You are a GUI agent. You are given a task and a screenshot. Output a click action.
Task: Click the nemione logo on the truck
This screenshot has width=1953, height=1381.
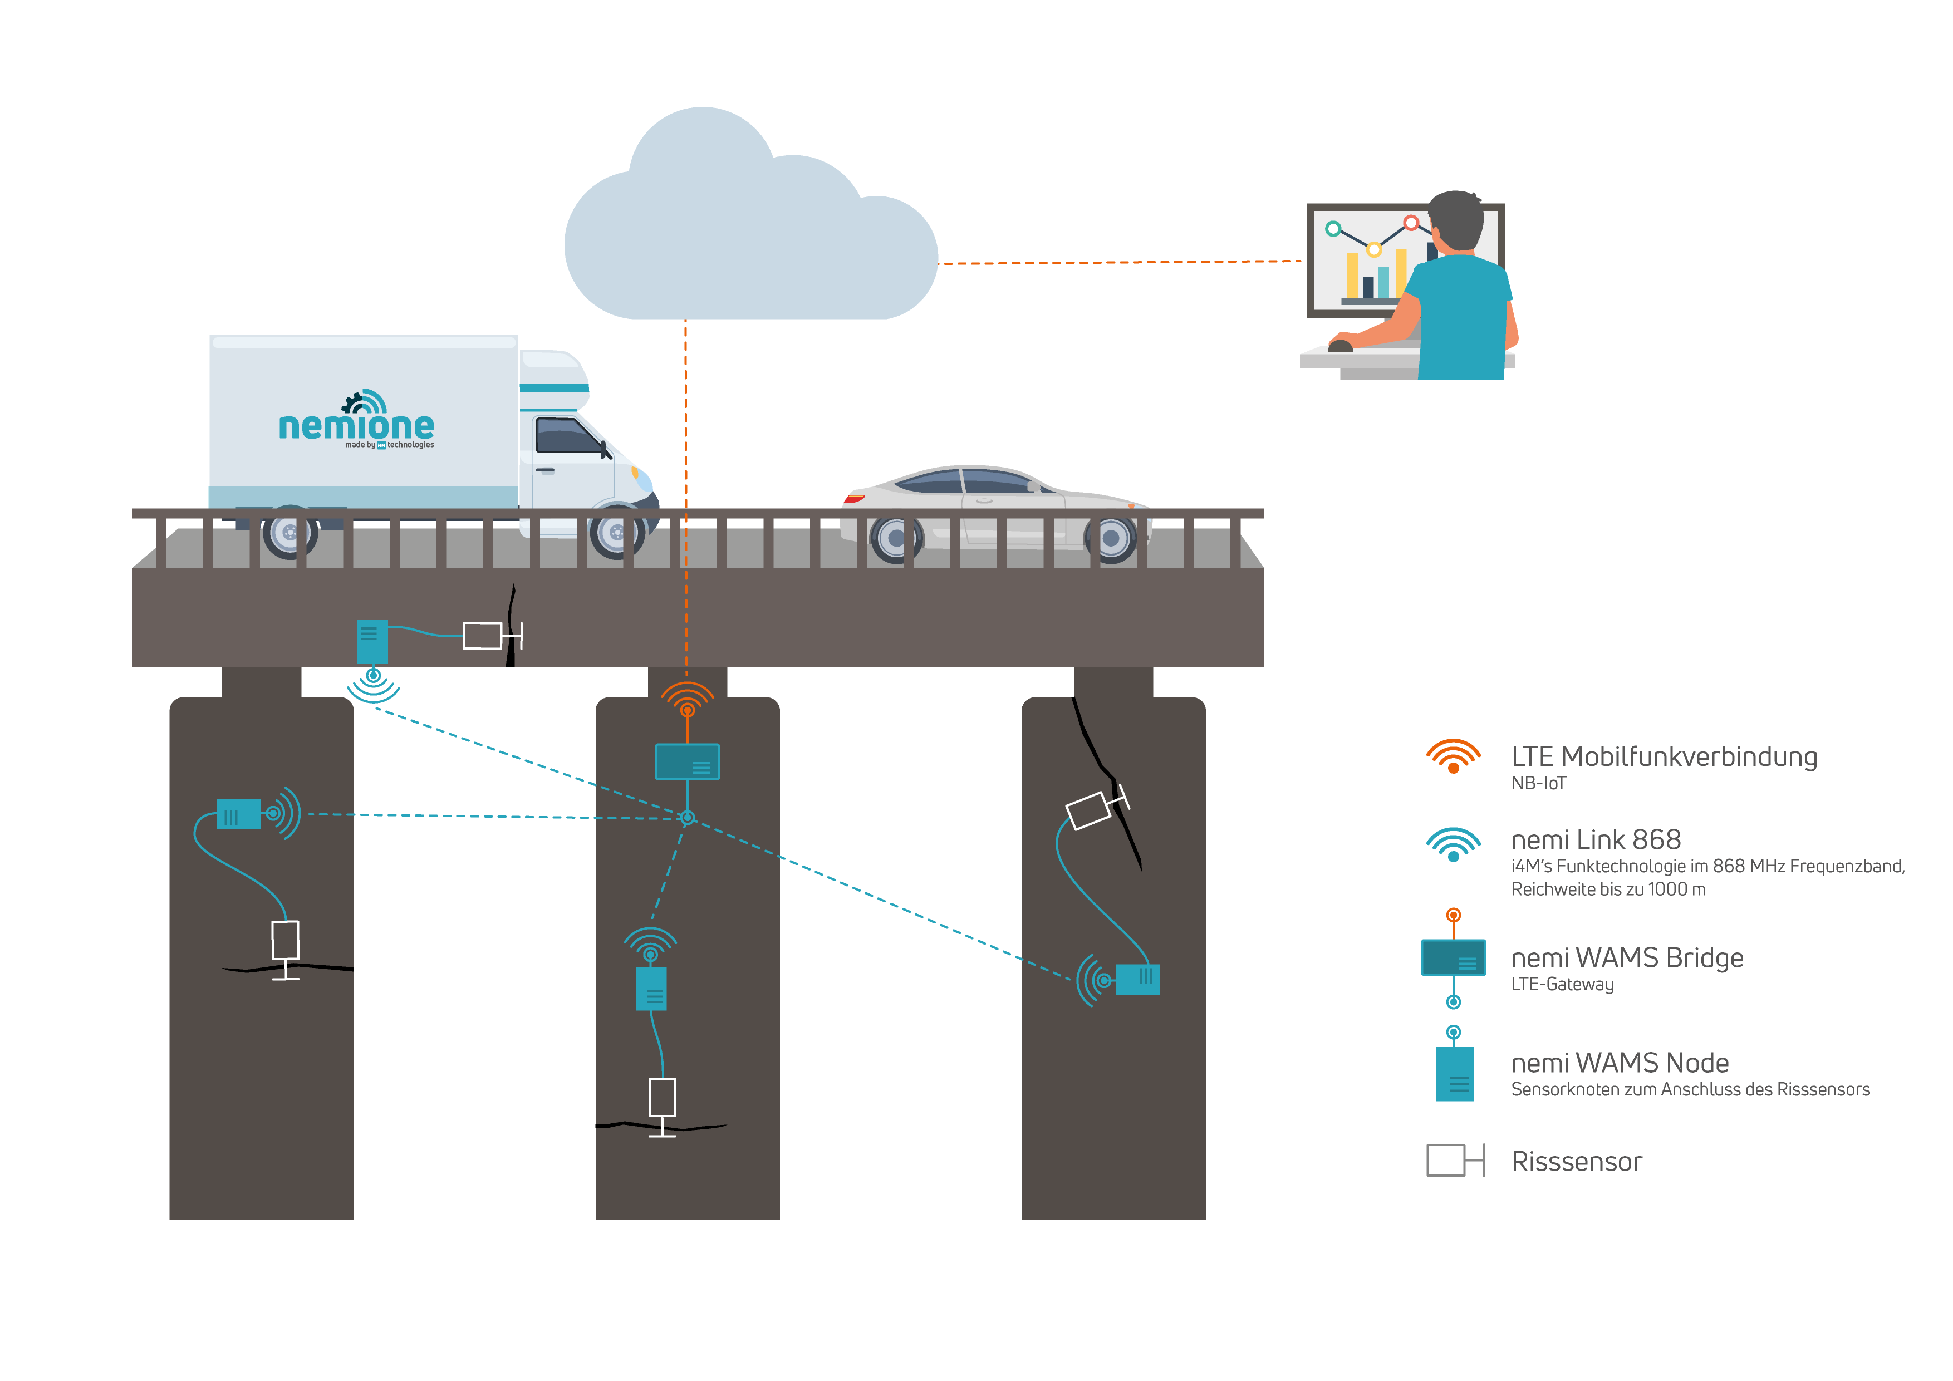(356, 420)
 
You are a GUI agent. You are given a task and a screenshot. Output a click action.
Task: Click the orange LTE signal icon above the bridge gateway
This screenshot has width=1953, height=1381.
(688, 699)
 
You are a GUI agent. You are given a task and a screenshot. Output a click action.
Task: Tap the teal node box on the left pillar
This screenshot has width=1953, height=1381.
(239, 814)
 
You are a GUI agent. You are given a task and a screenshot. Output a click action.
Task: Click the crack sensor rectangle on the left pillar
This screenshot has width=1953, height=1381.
(285, 940)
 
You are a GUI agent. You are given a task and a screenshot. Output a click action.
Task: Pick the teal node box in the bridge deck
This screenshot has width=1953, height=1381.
(372, 641)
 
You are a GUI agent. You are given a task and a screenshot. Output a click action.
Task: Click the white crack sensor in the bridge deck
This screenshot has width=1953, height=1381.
(482, 635)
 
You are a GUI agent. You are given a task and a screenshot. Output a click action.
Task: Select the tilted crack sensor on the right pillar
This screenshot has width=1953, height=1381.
(1089, 810)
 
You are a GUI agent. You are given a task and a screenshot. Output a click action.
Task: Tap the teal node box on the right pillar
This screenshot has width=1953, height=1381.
(1137, 979)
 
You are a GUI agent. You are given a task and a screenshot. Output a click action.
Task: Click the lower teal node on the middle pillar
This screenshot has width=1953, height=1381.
(651, 989)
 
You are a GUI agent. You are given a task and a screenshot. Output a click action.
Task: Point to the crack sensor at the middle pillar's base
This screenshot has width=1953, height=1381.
(663, 1097)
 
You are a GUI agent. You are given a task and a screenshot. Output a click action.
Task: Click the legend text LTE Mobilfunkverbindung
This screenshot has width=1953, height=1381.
(1664, 756)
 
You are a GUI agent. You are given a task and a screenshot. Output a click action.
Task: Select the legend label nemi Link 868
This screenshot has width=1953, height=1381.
(1596, 839)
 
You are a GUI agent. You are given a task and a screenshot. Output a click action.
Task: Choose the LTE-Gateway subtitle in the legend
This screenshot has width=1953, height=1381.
(1563, 984)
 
